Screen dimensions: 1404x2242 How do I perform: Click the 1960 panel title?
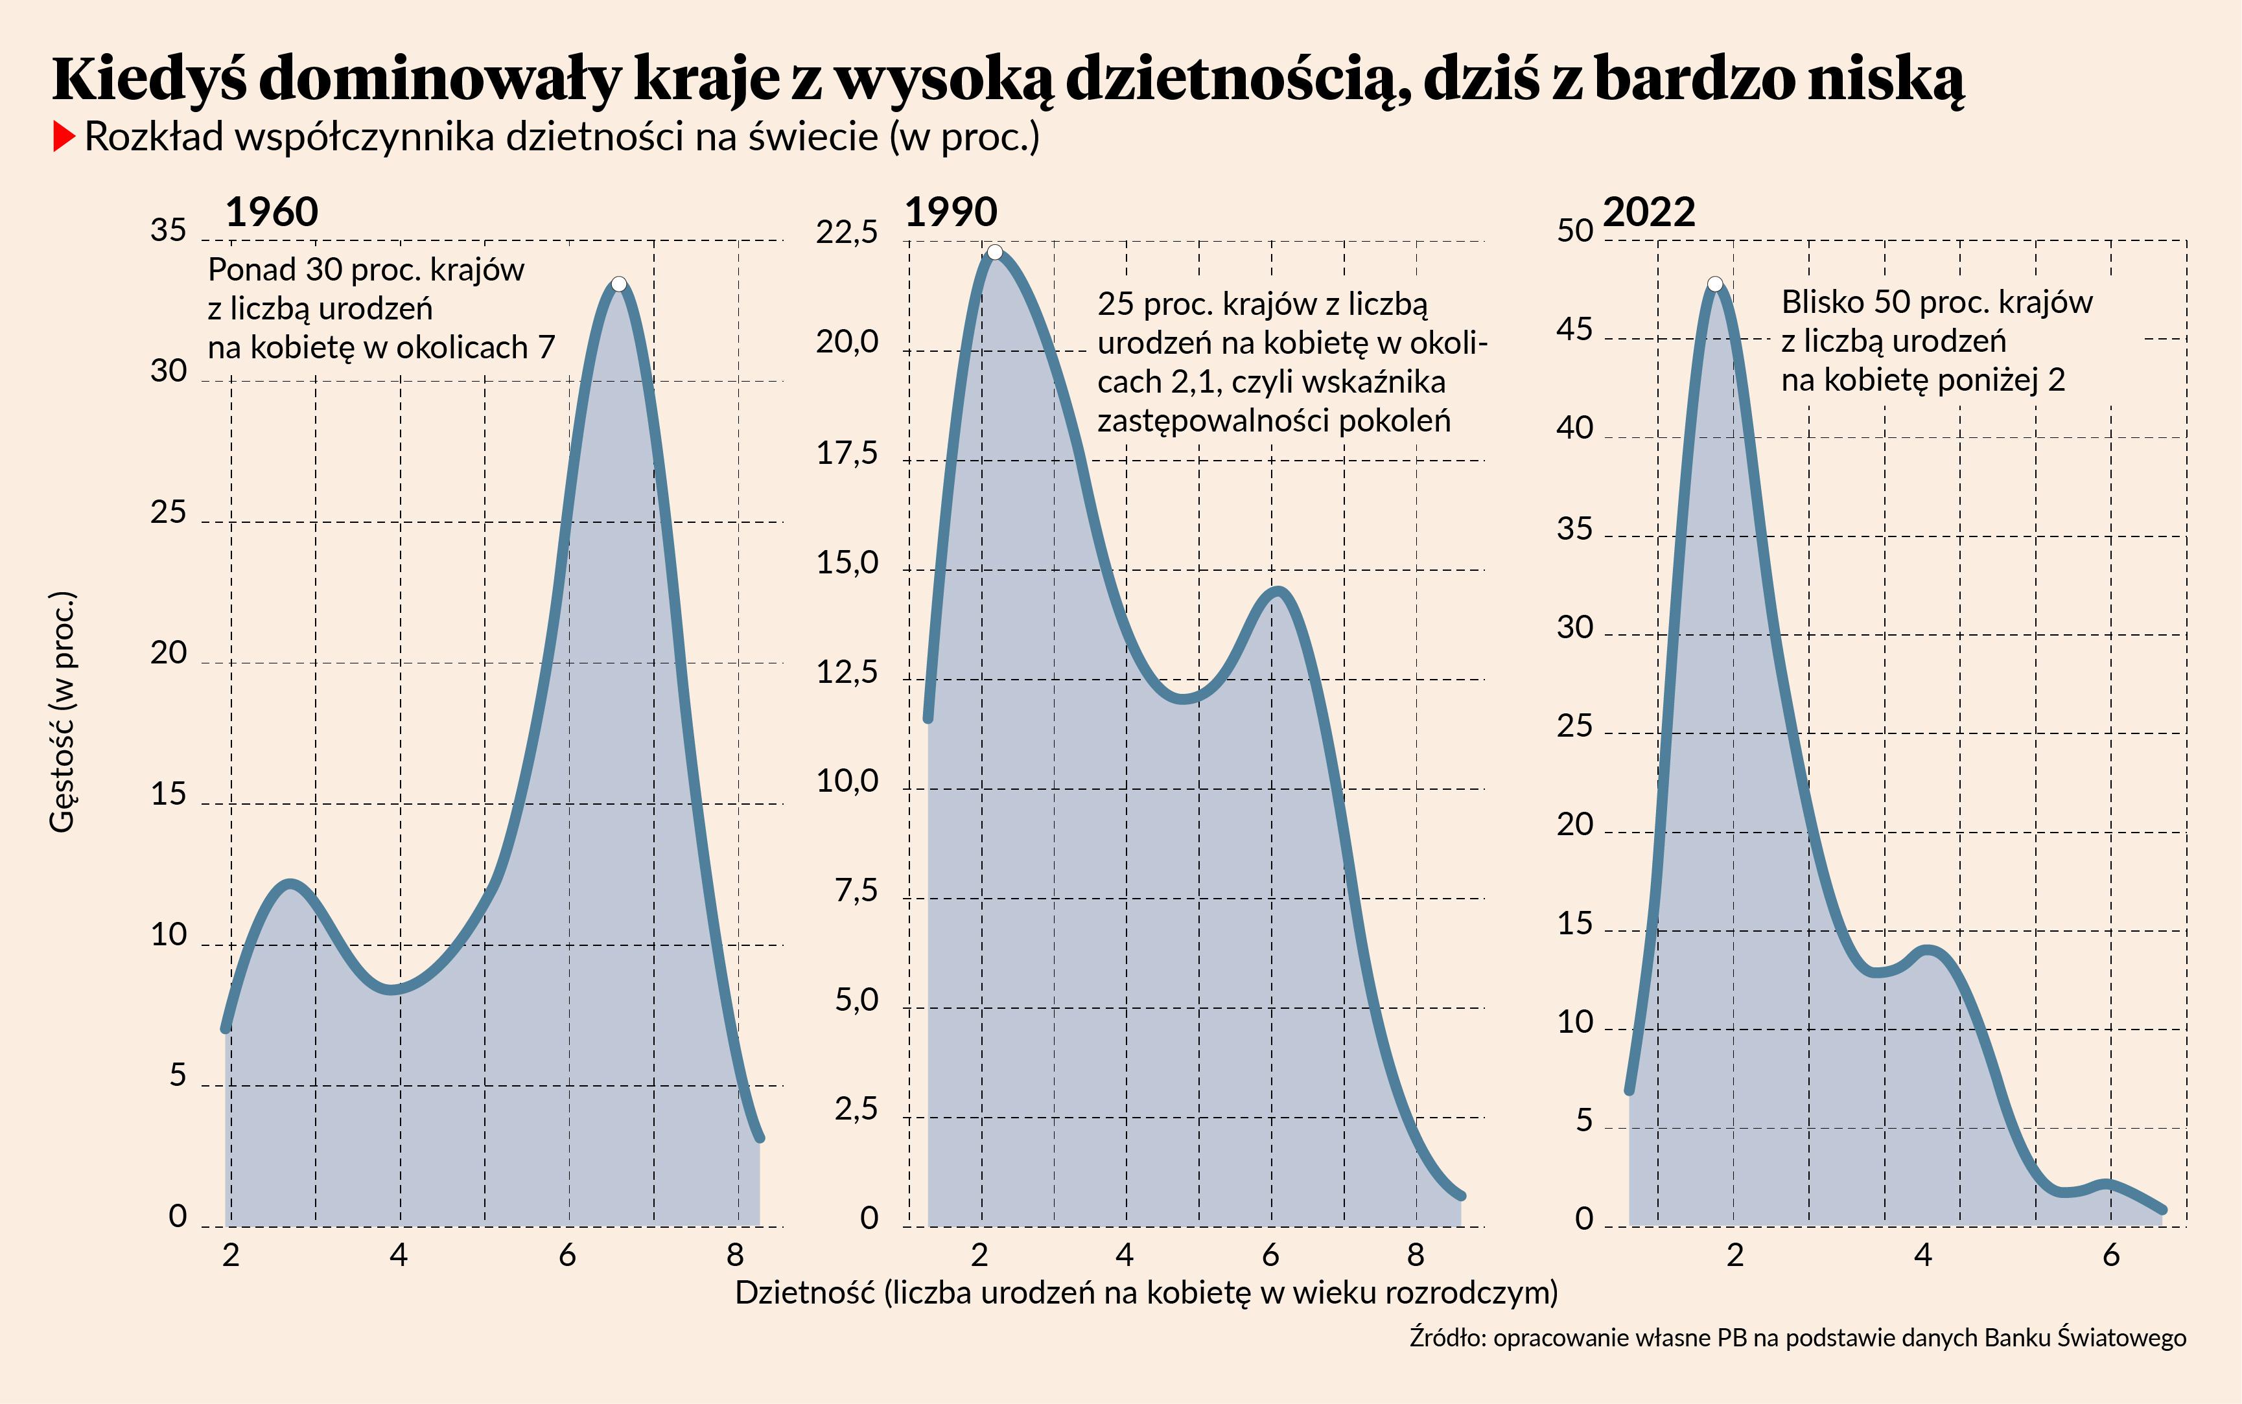[x=271, y=213]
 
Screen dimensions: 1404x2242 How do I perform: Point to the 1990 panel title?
[x=951, y=213]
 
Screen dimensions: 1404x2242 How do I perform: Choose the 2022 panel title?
[x=1648, y=213]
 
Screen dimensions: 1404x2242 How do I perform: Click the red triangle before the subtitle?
[x=63, y=137]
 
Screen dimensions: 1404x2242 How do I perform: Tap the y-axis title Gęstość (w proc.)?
[x=62, y=711]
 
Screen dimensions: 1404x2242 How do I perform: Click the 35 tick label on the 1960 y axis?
[x=168, y=230]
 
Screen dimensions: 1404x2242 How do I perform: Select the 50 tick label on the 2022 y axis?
[x=1575, y=230]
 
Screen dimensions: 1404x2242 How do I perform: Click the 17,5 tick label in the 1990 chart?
[x=846, y=453]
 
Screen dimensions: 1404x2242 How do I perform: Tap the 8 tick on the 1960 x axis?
[x=736, y=1256]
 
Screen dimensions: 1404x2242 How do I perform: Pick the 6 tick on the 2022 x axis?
[x=2111, y=1256]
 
